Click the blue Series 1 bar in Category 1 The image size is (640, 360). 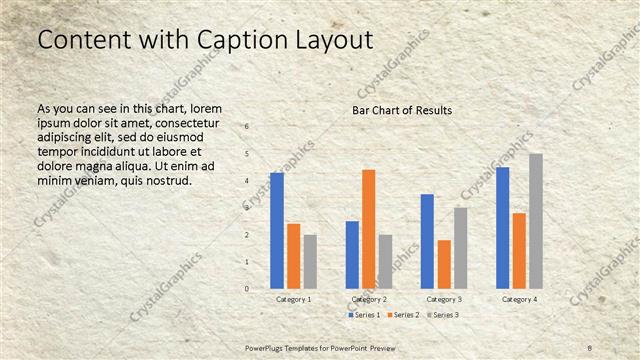pos(276,231)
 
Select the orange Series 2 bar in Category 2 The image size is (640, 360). pos(369,229)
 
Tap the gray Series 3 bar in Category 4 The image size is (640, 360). pos(536,221)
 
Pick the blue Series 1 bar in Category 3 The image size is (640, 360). pos(427,241)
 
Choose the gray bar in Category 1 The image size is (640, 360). pos(310,262)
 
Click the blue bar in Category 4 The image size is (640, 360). pos(502,228)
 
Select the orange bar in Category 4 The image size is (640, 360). pos(519,250)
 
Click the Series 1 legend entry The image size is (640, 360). pos(363,315)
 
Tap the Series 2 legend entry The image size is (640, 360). pos(399,315)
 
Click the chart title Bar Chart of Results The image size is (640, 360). pos(402,109)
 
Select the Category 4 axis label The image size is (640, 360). pos(518,299)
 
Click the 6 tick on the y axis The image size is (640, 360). pos(247,127)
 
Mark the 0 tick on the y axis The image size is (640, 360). pos(247,289)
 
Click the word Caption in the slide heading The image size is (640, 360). pos(211,40)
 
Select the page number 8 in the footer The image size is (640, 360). pos(590,346)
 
